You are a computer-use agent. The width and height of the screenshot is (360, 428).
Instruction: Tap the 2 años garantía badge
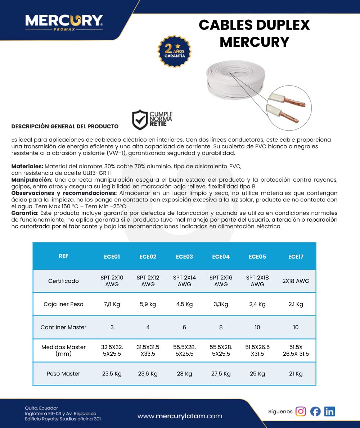click(174, 51)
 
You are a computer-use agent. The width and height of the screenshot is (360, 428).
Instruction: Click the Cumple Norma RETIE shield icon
click(140, 120)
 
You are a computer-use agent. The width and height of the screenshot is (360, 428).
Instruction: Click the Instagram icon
click(301, 411)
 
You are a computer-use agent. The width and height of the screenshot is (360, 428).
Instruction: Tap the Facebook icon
click(315, 411)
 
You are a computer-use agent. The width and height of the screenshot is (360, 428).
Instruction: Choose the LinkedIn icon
click(329, 411)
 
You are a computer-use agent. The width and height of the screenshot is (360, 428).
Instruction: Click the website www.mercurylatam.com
click(180, 416)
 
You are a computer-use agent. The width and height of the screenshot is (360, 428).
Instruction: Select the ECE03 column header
click(184, 256)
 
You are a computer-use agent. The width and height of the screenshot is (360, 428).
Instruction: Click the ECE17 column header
click(296, 256)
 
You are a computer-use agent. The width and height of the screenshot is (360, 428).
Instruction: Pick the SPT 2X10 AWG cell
click(112, 281)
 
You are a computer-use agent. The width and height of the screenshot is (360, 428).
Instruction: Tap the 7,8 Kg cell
click(112, 304)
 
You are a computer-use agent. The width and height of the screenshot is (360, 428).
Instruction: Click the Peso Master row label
click(63, 374)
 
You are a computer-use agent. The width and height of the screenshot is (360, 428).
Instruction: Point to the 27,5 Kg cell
click(221, 374)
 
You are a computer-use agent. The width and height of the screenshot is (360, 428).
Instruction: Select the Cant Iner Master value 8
click(221, 327)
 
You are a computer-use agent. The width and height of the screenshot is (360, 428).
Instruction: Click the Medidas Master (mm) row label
click(63, 350)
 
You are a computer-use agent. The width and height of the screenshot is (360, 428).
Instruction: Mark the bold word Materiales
click(27, 167)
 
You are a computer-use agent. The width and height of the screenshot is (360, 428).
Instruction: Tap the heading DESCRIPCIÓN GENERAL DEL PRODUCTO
click(65, 126)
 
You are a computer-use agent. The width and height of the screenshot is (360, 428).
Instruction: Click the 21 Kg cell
click(296, 374)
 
